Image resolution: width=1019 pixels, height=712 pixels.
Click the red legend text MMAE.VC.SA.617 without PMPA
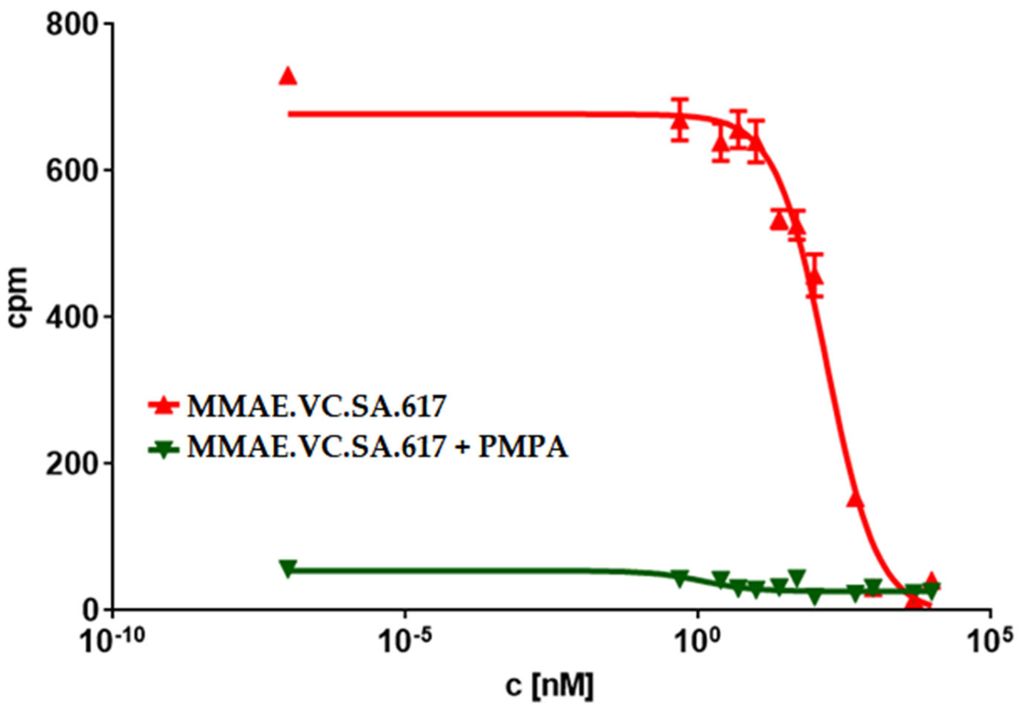click(316, 406)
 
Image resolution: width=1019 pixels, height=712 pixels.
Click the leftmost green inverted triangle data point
click(288, 569)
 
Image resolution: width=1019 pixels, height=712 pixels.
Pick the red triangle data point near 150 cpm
click(855, 499)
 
